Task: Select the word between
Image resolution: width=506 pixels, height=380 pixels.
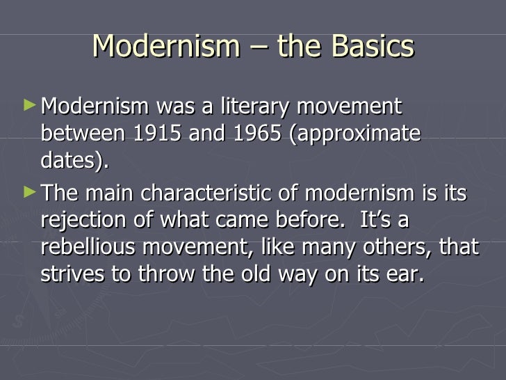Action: tap(76, 133)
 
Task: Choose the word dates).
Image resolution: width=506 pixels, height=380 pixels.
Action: tap(74, 160)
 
